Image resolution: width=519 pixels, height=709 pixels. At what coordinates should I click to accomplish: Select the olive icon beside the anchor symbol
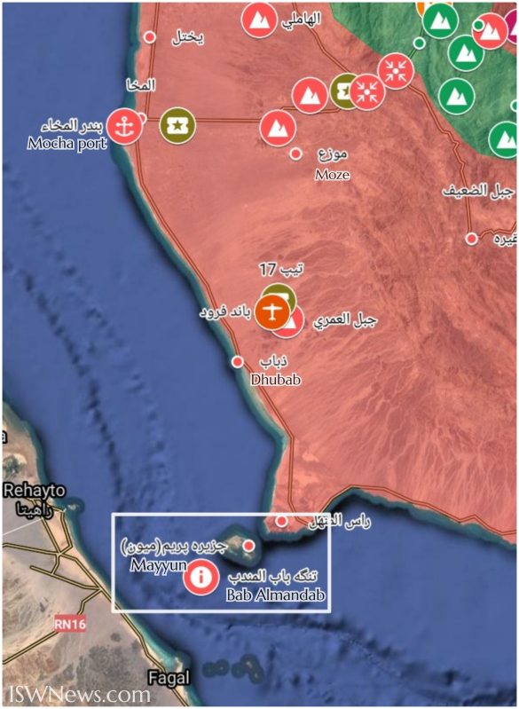point(177,125)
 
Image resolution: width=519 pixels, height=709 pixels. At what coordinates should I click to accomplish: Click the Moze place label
point(332,175)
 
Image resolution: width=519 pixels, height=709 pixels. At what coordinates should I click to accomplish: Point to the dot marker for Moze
point(296,154)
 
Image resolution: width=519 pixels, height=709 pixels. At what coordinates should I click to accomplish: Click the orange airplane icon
point(271,311)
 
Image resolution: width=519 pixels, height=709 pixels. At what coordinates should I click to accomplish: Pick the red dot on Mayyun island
point(250,545)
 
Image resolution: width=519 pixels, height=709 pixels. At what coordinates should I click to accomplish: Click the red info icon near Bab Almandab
point(201,579)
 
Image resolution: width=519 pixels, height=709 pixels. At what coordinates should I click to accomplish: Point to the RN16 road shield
point(70,625)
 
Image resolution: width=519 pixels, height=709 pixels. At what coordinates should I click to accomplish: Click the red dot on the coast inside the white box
point(282,521)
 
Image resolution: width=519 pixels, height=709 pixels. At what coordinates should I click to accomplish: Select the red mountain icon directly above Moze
point(278,127)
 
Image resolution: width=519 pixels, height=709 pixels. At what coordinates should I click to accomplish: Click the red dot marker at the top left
point(150,36)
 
